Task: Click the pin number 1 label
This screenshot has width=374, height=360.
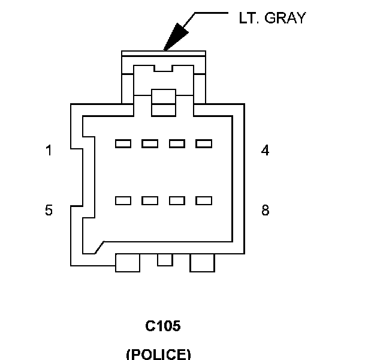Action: pos(49,151)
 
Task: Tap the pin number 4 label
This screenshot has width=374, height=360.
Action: pos(265,151)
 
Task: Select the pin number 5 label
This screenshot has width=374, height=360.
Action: pos(49,211)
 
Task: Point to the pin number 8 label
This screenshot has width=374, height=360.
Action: pos(265,211)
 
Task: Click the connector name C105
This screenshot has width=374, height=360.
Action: pos(163,326)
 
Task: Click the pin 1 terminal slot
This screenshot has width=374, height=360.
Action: pos(123,143)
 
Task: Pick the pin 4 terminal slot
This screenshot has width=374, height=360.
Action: pos(204,143)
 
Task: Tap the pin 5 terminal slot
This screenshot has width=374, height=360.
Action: pos(123,200)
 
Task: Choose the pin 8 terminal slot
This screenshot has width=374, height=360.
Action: pos(204,200)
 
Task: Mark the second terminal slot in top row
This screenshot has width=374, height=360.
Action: pos(150,143)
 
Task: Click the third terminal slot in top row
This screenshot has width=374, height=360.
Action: pos(177,143)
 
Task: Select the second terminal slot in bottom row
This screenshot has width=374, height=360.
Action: pos(150,200)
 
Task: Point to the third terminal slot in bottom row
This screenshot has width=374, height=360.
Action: pos(177,200)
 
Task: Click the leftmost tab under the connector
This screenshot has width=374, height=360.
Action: pos(127,262)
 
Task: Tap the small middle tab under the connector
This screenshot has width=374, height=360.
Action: pos(165,259)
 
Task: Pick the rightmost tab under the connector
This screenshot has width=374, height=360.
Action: pos(202,262)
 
